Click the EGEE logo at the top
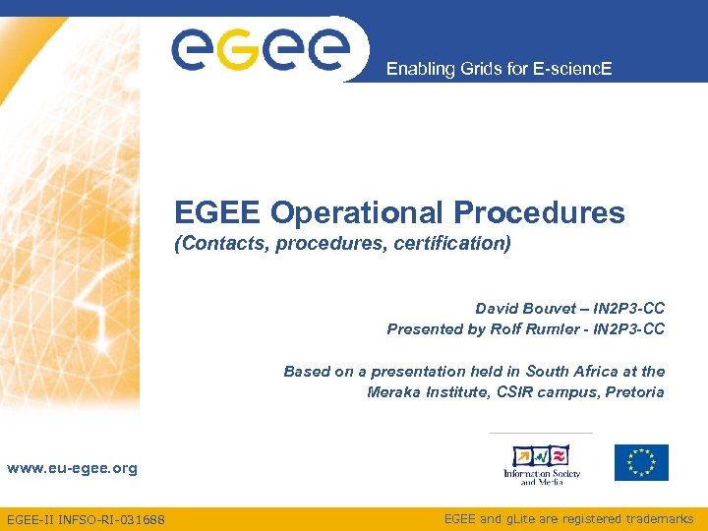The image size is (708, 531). pos(261,48)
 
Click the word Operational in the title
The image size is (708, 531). pos(358,212)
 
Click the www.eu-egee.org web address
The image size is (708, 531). pos(72,468)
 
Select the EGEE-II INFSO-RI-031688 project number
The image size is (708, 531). pos(86,518)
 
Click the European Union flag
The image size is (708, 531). pos(641,462)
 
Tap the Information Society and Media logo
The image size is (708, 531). pos(542,464)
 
